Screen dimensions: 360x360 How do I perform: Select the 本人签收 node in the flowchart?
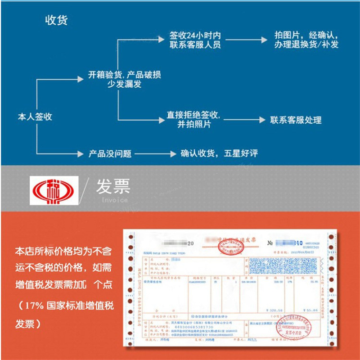35,117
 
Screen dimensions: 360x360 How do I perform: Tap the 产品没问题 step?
110,153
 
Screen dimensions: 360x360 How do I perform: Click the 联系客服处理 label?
296,120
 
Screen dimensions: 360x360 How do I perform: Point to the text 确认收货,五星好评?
219,153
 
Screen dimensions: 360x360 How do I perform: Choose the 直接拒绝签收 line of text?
193,115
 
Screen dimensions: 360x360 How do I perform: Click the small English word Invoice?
112,200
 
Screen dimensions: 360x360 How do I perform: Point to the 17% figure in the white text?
34,306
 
